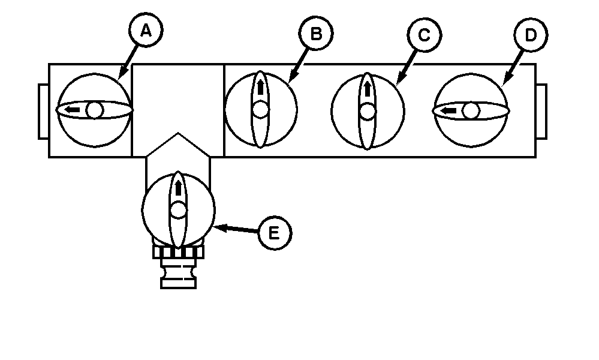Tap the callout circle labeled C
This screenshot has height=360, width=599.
424,35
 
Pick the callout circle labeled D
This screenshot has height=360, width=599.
530,35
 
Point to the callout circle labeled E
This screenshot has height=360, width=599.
274,233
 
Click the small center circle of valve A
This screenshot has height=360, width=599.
94,110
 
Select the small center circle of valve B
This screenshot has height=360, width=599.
260,110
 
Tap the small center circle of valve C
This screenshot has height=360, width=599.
368,111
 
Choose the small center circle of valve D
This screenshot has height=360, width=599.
471,110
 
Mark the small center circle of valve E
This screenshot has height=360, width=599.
178,210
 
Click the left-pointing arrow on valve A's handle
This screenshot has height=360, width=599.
73,110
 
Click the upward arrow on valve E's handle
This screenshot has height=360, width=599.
178,188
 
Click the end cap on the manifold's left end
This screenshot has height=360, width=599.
43,112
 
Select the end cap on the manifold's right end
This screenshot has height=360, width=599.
541,112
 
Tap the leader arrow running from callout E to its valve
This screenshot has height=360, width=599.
237,229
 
